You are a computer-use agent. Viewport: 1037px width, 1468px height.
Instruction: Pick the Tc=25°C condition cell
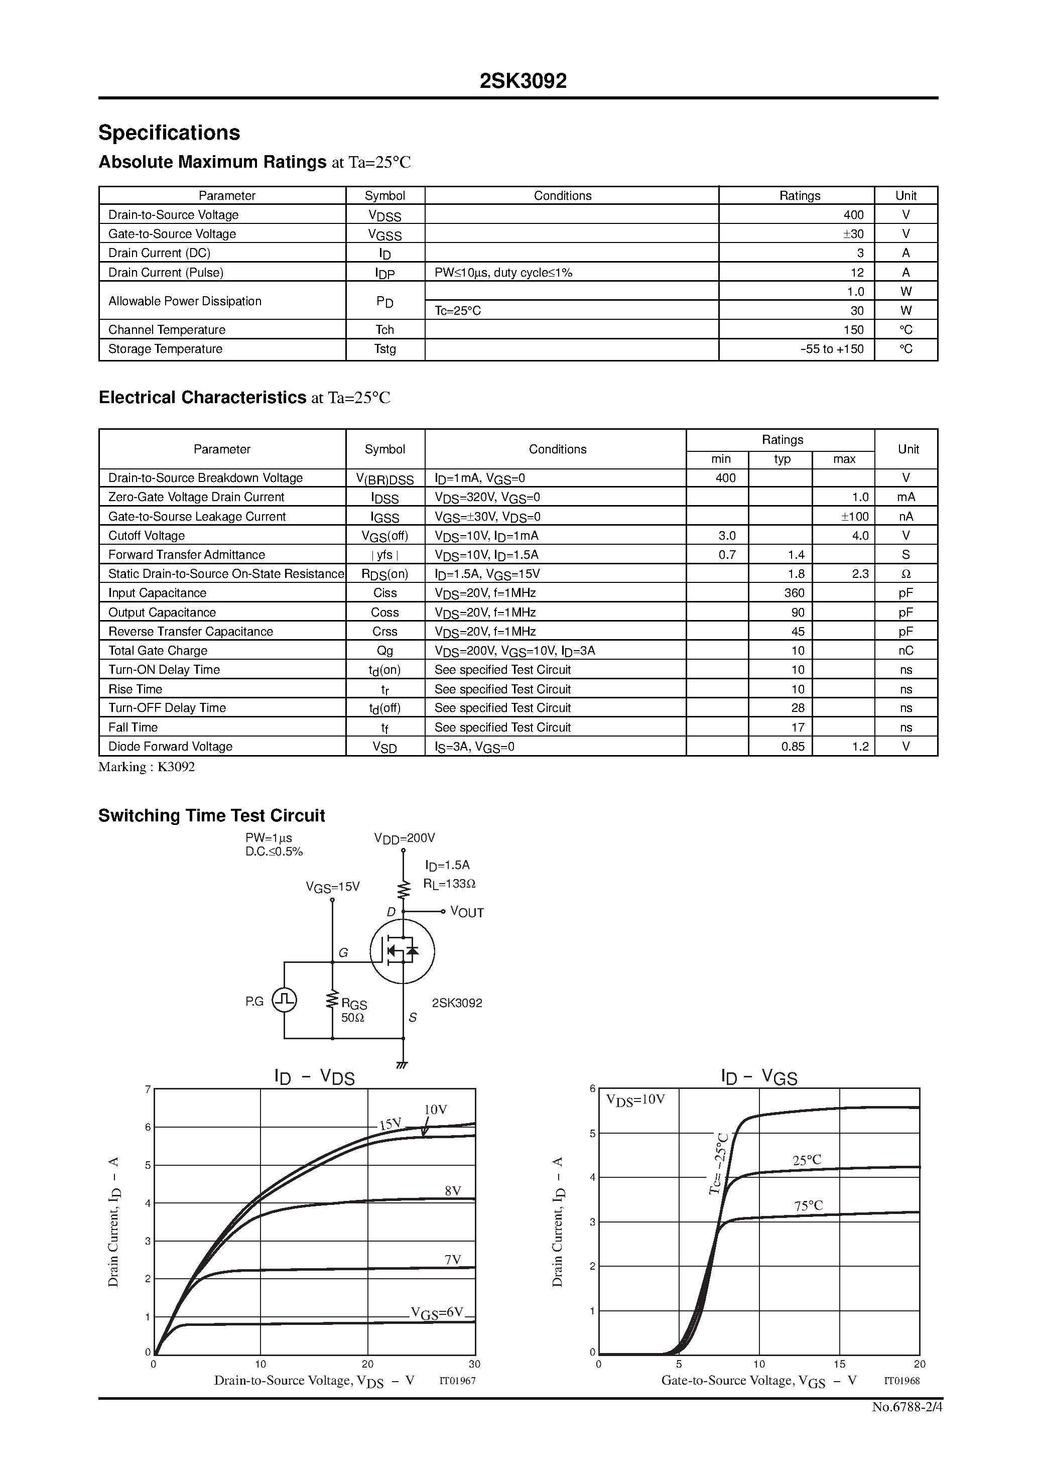[458, 311]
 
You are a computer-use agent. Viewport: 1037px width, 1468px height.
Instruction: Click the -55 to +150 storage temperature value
[832, 349]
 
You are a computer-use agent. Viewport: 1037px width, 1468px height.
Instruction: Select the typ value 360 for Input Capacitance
[794, 593]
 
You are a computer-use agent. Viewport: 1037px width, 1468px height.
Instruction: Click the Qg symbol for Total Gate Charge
[385, 651]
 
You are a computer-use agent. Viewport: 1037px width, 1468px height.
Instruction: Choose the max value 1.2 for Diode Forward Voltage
[860, 747]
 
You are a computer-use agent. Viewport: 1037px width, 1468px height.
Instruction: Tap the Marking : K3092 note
[147, 767]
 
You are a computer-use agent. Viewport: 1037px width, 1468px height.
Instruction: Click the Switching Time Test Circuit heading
[212, 816]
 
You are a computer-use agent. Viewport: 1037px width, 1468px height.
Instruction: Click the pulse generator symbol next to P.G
[285, 1000]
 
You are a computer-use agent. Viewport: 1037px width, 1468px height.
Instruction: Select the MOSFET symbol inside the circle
[402, 951]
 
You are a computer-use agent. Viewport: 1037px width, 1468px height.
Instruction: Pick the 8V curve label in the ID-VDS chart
[453, 1190]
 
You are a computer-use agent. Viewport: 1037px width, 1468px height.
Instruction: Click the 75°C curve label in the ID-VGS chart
[808, 1206]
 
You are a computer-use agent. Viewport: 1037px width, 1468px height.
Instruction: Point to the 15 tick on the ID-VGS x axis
[839, 1364]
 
